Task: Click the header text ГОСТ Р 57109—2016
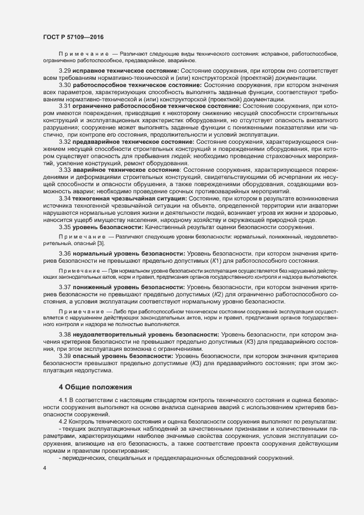[x=72, y=37]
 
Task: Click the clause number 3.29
[x=66, y=72]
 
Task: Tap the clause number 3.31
[x=66, y=106]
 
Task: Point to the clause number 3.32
[x=66, y=142]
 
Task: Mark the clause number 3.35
[x=66, y=227]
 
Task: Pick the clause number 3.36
[x=66, y=253]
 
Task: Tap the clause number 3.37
[x=66, y=288]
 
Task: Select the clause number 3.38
[x=66, y=335]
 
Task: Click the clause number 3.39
[x=66, y=356]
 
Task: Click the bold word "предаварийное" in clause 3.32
[x=97, y=142]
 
